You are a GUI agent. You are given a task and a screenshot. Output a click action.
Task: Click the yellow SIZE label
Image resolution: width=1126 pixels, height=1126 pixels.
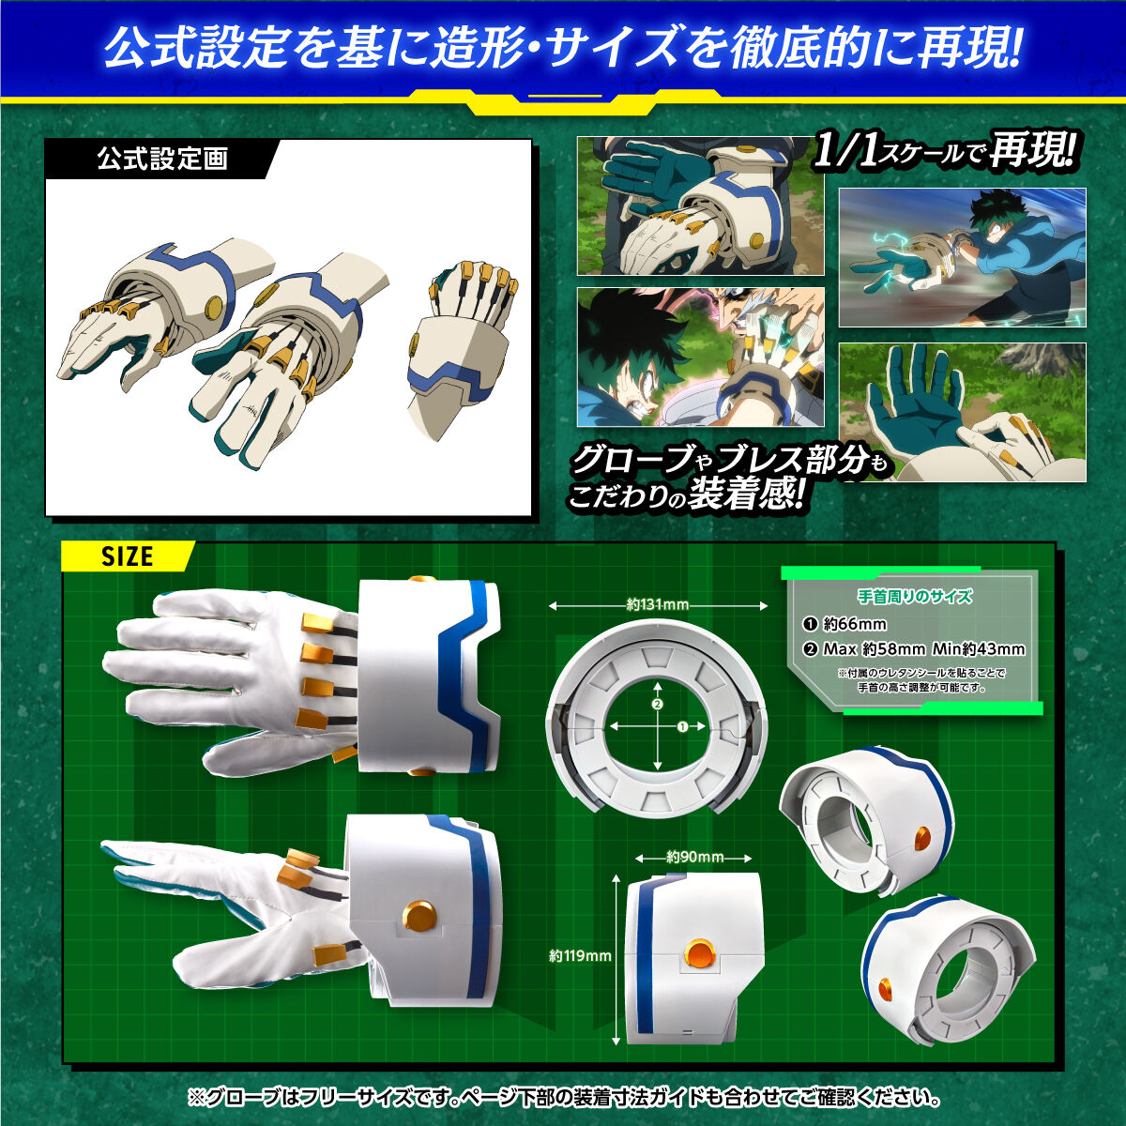pyautogui.click(x=127, y=556)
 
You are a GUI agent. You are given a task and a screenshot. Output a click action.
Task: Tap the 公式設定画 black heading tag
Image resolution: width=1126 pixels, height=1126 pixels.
pyautogui.click(x=162, y=159)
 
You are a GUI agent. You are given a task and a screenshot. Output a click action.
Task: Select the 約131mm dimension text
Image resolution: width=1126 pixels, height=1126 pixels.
pyautogui.click(x=658, y=605)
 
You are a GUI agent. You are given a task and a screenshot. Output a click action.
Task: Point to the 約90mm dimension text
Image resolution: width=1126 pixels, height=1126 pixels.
pyautogui.click(x=694, y=857)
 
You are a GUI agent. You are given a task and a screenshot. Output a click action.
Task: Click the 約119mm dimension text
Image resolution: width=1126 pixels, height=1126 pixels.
pyautogui.click(x=580, y=955)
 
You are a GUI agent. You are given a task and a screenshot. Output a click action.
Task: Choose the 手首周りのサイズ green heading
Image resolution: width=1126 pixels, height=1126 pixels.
pyautogui.click(x=915, y=596)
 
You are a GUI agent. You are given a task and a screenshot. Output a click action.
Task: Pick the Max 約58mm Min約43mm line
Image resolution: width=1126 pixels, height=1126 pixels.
pyautogui.click(x=923, y=649)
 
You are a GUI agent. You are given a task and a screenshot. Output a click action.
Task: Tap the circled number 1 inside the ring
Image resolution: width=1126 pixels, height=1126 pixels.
pyautogui.click(x=682, y=726)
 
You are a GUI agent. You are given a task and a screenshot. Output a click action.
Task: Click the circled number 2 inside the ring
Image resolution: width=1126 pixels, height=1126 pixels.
pyautogui.click(x=658, y=704)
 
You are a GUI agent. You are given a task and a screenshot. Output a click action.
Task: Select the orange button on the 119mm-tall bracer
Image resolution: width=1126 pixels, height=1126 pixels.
pyautogui.click(x=699, y=954)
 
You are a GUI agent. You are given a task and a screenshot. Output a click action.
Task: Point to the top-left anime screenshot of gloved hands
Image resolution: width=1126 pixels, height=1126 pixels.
pyautogui.click(x=700, y=206)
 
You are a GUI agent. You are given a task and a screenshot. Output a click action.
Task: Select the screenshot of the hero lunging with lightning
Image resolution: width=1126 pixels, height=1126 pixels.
pyautogui.click(x=962, y=257)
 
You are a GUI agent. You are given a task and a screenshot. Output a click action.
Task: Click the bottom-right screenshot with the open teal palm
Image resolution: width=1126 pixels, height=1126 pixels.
pyautogui.click(x=962, y=413)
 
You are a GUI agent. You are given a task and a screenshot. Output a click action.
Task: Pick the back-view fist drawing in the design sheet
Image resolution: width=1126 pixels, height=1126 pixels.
pyautogui.click(x=464, y=342)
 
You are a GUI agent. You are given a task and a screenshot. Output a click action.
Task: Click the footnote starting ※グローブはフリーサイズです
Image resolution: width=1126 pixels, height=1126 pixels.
pyautogui.click(x=563, y=1096)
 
